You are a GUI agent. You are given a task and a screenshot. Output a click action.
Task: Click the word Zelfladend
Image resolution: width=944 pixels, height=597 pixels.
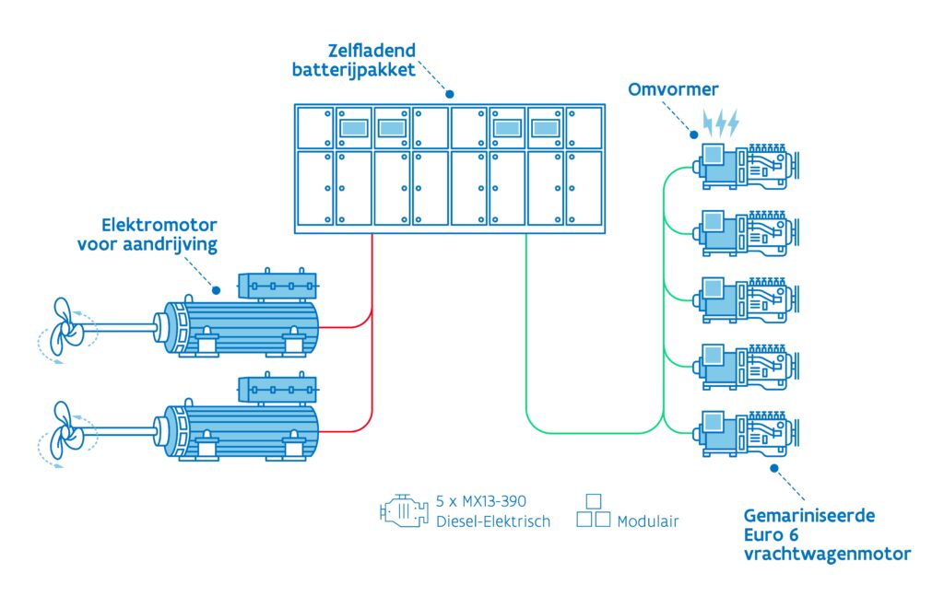point(372,51)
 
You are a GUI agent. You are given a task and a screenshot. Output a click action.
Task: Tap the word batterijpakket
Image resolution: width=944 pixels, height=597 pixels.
point(353,70)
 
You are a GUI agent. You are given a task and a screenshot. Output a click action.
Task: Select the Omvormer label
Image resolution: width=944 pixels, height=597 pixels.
point(673,89)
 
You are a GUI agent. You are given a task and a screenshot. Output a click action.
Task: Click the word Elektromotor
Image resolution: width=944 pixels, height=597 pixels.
point(159,225)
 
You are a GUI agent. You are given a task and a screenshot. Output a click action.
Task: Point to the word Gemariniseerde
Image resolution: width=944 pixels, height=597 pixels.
point(809,516)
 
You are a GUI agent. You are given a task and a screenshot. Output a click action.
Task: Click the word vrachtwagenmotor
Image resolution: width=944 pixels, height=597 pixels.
point(827,555)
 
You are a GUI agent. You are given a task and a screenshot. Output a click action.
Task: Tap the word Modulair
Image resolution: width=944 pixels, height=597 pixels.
point(648,521)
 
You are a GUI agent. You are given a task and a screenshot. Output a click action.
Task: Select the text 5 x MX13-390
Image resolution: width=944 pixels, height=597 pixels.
point(480,501)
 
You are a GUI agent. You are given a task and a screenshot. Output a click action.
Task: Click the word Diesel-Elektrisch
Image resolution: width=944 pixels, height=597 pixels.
point(493,521)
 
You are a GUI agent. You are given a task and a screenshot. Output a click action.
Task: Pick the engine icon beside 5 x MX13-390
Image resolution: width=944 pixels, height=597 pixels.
point(404,511)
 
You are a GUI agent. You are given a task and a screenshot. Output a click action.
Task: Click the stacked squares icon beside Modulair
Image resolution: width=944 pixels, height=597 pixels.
point(593,511)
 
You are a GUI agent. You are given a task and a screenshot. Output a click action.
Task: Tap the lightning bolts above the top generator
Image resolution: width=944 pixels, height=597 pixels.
point(721,123)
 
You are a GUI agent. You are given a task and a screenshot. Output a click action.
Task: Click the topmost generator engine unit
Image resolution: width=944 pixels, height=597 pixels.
point(746,167)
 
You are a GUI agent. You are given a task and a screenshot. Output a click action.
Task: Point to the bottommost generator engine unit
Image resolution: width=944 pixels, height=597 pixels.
point(746,433)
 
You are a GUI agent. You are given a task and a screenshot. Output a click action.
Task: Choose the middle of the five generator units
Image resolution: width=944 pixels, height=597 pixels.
point(746,300)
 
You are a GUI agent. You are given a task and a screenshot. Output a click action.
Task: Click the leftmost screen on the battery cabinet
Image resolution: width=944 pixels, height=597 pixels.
point(353,127)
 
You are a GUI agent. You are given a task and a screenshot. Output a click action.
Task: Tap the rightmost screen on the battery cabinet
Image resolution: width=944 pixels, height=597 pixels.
point(545,127)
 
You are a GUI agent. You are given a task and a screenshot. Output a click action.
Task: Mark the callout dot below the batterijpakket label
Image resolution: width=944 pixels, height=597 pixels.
point(450,94)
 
